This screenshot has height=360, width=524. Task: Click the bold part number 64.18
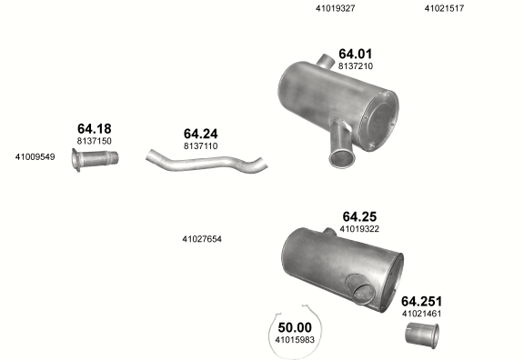pos(95,128)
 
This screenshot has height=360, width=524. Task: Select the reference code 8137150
pos(95,141)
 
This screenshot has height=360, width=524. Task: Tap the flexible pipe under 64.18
pos(96,159)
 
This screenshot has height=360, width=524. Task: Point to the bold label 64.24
pos(200,134)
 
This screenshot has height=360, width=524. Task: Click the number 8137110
pos(200,146)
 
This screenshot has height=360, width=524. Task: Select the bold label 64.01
pos(355,54)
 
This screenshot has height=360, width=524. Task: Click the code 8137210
pos(356,66)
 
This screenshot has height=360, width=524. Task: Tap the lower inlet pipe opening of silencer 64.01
pos(341,158)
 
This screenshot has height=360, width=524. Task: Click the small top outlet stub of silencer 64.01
pos(326,61)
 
